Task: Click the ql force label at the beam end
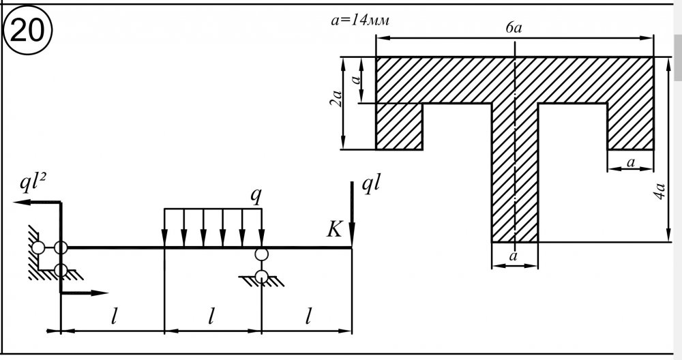tap(372, 186)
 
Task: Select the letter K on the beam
tap(333, 230)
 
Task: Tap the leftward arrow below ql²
tap(27, 202)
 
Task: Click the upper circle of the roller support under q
tap(261, 254)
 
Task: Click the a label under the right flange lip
tap(630, 162)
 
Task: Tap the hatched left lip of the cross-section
tap(400, 125)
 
